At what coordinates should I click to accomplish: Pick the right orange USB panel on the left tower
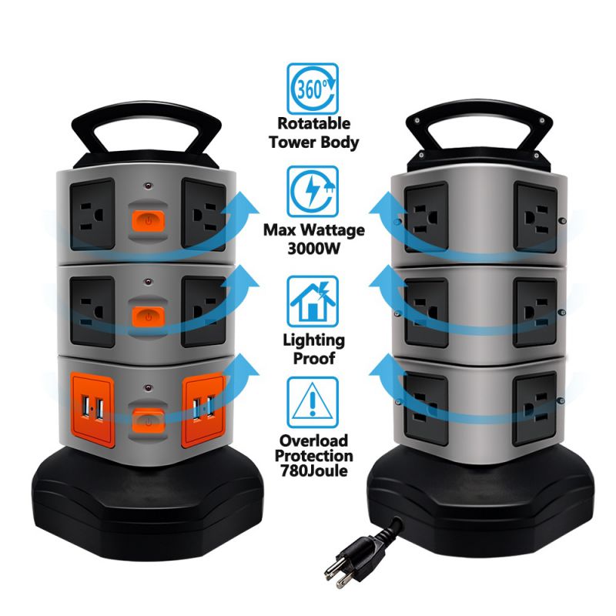click(204, 410)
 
